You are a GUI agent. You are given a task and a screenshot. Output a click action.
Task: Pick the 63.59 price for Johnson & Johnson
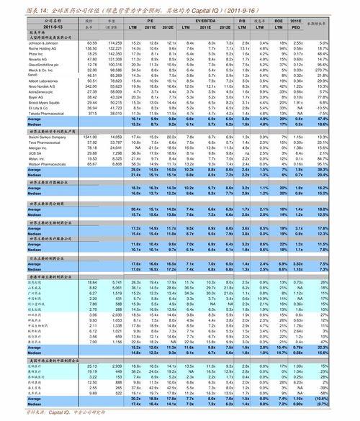[91, 42]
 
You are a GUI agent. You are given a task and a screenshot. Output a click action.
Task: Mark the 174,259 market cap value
[114, 42]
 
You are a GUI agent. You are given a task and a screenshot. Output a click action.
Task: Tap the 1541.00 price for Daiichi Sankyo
[90, 135]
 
